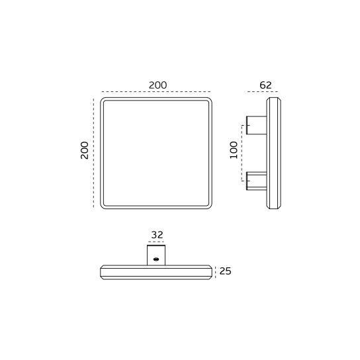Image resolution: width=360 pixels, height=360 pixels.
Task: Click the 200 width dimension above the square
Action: click(157, 85)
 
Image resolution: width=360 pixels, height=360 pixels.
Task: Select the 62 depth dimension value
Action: click(265, 85)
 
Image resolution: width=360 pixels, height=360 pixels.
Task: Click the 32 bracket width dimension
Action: click(157, 234)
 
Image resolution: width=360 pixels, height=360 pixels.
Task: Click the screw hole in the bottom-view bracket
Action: click(156, 259)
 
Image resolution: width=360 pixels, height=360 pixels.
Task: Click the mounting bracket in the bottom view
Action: click(157, 255)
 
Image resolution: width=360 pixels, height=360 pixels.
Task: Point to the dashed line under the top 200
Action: click(156, 92)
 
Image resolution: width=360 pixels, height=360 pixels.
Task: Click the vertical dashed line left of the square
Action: click(94, 152)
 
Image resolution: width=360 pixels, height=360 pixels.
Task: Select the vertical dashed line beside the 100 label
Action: click(241, 152)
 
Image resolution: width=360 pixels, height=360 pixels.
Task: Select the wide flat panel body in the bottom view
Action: click(157, 271)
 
